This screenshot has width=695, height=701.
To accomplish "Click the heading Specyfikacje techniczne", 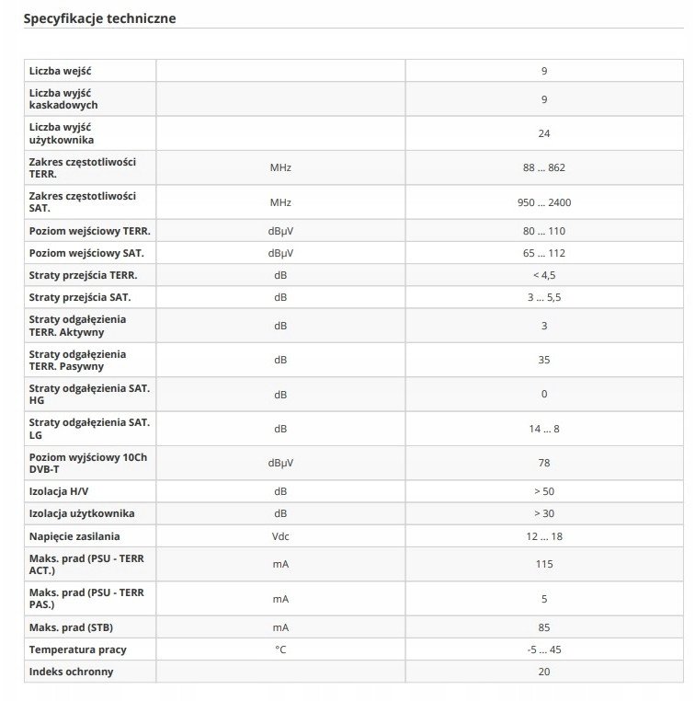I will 99,18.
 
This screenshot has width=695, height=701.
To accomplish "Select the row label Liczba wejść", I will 60,71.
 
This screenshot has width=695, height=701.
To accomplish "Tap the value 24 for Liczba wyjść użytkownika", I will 544,133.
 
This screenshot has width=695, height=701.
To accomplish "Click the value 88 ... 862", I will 544,168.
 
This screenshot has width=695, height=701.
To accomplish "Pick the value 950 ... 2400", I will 544,202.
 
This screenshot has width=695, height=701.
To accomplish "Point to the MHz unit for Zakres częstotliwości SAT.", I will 280,202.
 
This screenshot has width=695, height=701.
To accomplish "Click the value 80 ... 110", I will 544,231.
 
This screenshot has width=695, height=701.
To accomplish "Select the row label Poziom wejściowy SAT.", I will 86,253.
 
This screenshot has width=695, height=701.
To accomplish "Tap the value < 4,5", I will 544,275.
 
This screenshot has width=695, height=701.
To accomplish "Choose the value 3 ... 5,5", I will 544,297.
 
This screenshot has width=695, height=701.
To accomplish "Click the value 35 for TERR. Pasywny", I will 544,360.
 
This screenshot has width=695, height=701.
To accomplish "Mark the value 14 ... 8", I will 544,429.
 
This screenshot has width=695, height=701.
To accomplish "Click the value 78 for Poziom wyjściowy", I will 544,463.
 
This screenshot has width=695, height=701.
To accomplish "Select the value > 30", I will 544,513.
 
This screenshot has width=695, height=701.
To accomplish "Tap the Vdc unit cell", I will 280,535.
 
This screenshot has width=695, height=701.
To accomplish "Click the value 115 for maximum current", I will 544,564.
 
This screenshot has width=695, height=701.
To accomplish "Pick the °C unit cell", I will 280,649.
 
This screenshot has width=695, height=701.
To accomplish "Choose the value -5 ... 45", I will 544,649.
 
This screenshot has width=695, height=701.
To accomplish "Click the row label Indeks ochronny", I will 72,672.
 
